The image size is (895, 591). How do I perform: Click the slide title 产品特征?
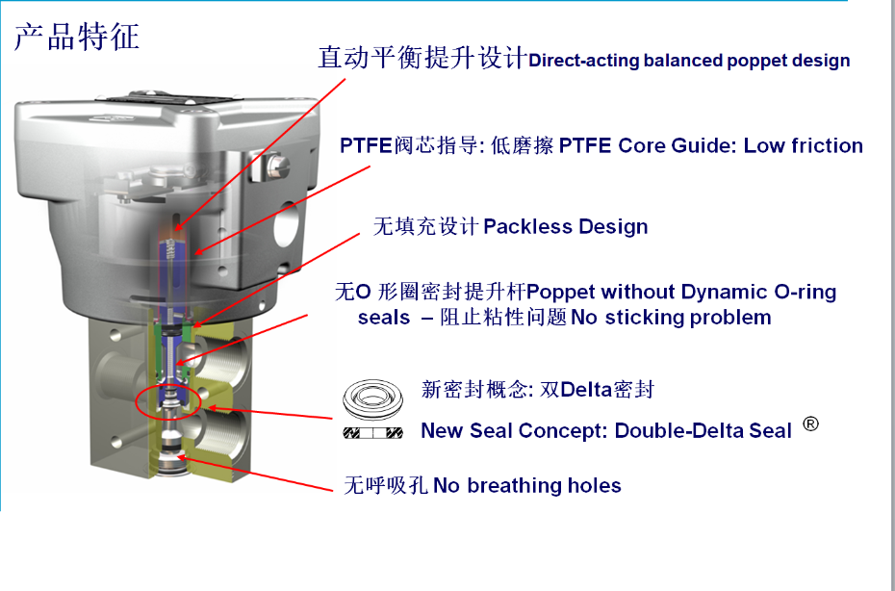tap(76, 36)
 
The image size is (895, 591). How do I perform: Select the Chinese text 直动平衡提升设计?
tap(422, 59)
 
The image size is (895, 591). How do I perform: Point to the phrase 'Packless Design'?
tap(565, 227)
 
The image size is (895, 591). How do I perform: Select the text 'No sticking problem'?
tap(671, 318)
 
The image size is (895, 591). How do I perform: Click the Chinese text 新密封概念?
tap(465, 390)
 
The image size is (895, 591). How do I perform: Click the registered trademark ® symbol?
tap(810, 424)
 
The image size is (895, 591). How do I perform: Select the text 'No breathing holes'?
tap(526, 486)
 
